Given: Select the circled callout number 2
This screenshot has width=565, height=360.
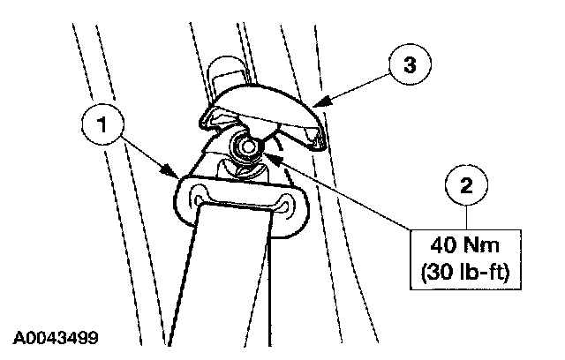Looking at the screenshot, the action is pos(467,187).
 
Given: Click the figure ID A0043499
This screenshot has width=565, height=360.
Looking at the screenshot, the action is pos(56,337).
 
